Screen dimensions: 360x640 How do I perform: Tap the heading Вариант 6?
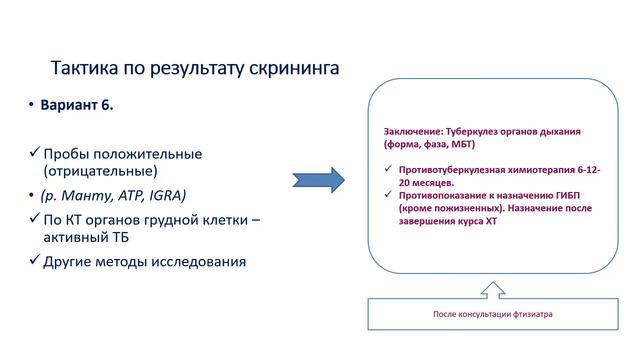[76, 106]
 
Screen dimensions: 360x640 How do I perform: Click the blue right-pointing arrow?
[318, 181]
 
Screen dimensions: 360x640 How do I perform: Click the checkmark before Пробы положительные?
[32, 154]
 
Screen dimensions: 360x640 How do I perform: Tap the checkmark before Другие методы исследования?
[32, 262]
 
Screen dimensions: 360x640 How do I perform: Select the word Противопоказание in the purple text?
[437, 196]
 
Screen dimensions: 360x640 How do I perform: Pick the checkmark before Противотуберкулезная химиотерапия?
[388, 169]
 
